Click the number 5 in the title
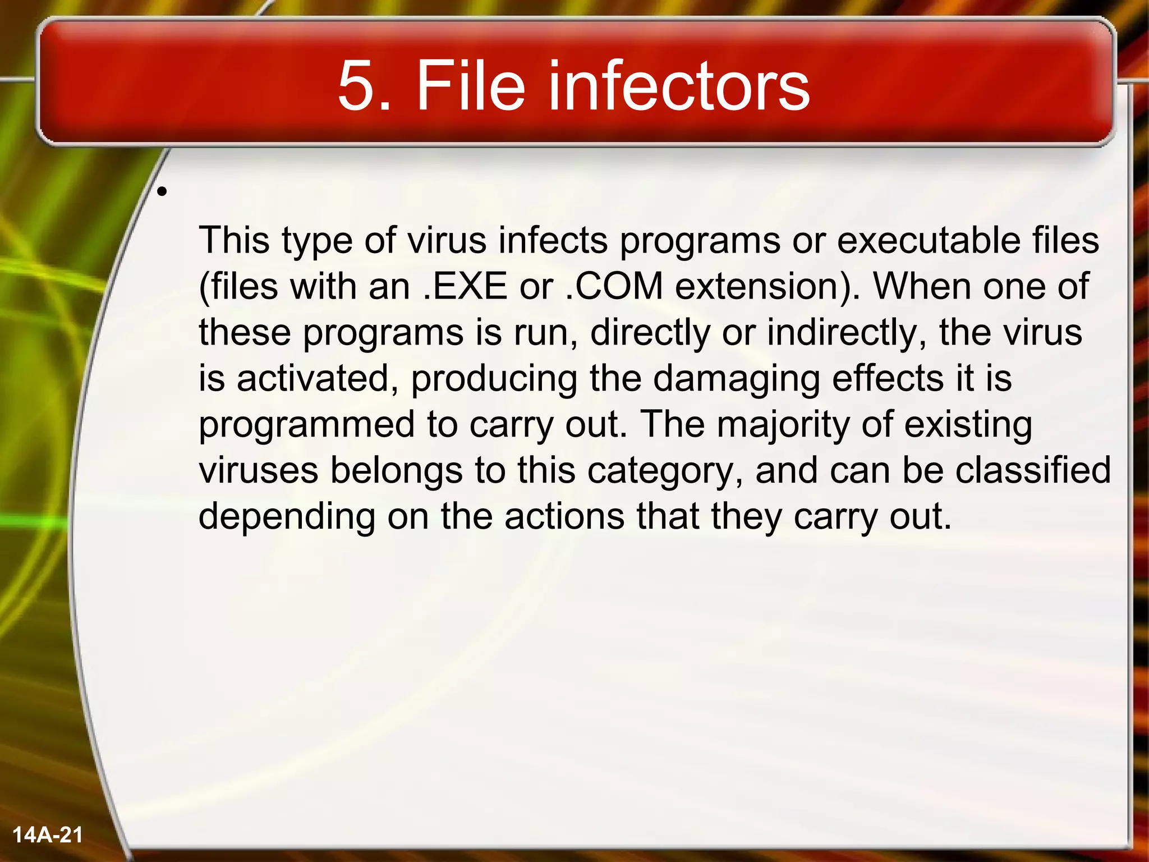tap(356, 86)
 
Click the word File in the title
tap(470, 86)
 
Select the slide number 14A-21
tap(48, 835)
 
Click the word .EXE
tap(465, 286)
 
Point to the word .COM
tap(614, 286)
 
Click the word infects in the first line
tap(553, 240)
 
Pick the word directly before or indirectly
tap(650, 332)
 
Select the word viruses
tap(259, 470)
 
